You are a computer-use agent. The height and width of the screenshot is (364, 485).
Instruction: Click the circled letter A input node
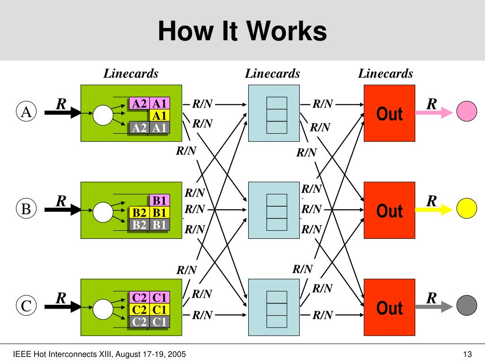click(x=27, y=111)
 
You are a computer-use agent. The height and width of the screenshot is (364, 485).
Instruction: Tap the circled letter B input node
click(x=27, y=209)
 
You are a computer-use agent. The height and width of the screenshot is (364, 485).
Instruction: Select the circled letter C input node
click(x=27, y=306)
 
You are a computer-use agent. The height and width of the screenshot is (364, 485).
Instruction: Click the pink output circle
click(x=467, y=111)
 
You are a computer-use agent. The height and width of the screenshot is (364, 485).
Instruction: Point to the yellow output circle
click(x=467, y=209)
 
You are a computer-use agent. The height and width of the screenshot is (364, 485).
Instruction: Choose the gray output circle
click(x=467, y=306)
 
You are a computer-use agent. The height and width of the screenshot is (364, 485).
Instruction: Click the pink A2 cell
click(x=139, y=103)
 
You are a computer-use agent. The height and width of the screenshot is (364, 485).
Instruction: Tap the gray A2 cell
click(x=139, y=127)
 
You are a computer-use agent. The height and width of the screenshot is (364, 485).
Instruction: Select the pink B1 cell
click(x=160, y=200)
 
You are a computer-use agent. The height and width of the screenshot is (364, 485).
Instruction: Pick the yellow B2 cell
click(x=139, y=213)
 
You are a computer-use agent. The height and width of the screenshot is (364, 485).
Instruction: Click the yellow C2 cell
click(x=139, y=309)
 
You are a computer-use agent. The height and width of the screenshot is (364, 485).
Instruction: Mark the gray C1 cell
click(x=160, y=322)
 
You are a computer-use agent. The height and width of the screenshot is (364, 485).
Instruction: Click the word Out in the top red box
click(x=389, y=114)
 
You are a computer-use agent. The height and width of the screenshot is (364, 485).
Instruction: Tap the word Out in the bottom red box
click(x=389, y=308)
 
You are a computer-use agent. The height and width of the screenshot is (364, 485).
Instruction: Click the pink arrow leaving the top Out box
click(x=434, y=112)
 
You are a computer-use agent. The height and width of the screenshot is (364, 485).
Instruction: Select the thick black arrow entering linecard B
click(x=63, y=209)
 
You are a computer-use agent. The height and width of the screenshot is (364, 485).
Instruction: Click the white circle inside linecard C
click(x=103, y=309)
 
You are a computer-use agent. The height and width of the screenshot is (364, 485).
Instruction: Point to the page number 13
click(x=467, y=354)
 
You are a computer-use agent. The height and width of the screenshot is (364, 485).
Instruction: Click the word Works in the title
click(x=287, y=31)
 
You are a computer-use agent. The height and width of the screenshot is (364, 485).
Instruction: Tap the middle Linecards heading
click(x=272, y=73)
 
